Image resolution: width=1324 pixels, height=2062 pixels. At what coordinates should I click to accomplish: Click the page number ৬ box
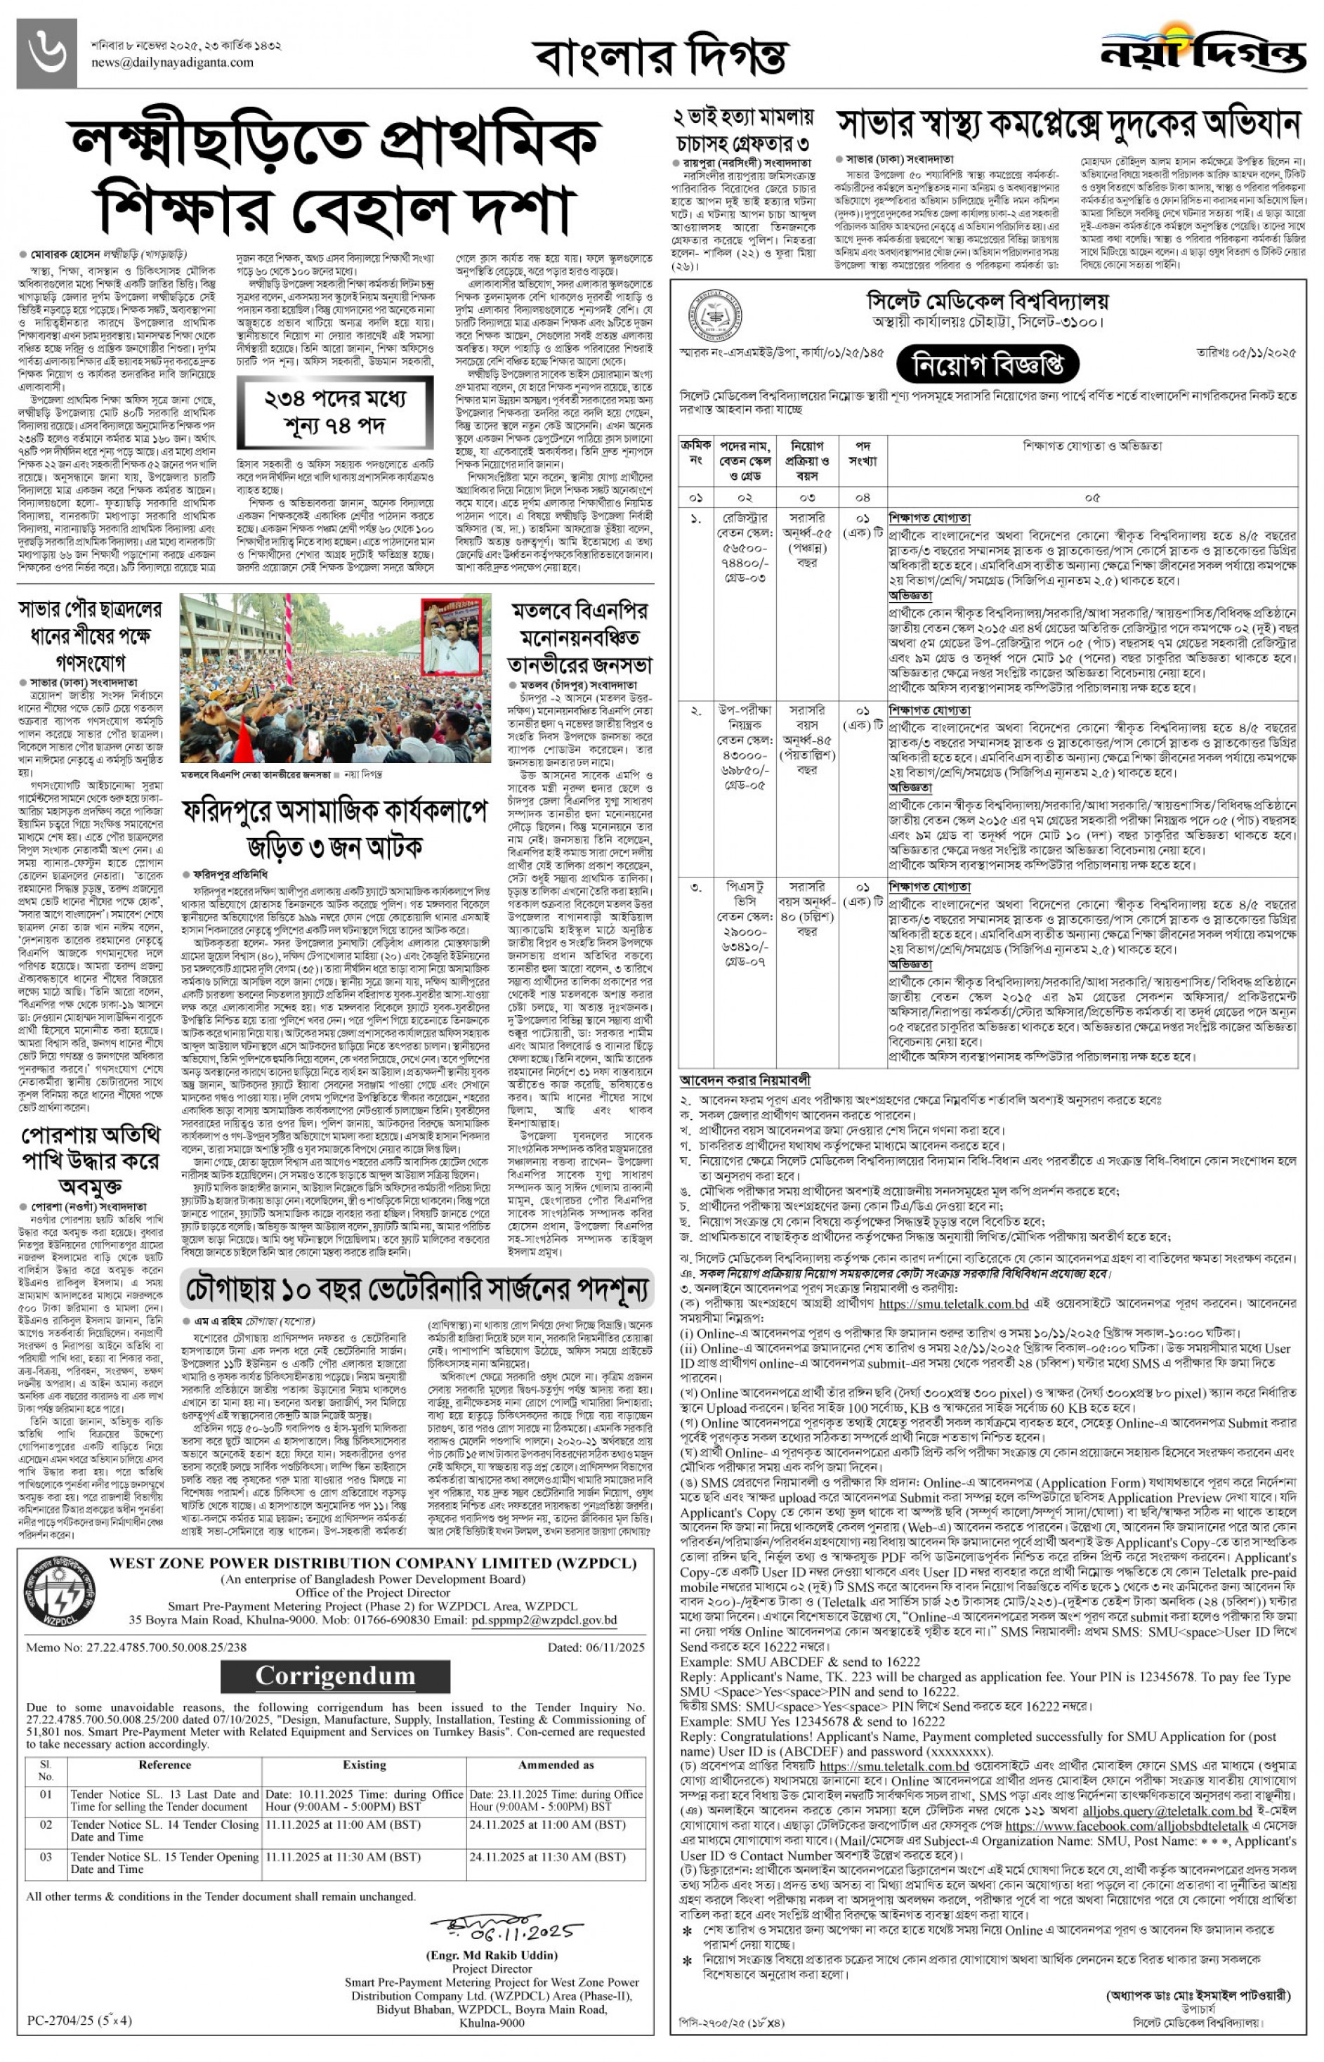(x=46, y=53)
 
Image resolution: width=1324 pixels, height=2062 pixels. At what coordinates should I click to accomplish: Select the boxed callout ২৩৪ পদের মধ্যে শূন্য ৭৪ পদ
(x=334, y=412)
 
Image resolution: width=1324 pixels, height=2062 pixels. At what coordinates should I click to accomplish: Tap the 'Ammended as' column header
(x=556, y=1765)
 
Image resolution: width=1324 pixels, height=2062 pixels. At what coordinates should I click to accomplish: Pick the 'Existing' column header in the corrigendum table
(x=365, y=1765)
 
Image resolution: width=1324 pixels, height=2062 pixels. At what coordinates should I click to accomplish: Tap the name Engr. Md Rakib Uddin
(x=492, y=1955)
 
